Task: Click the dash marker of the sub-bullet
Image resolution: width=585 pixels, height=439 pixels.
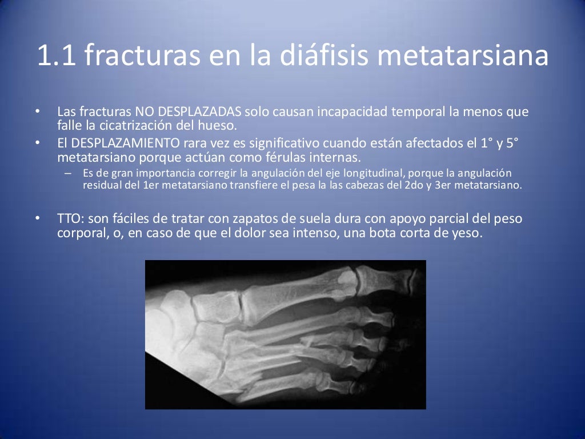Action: click(68, 173)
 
